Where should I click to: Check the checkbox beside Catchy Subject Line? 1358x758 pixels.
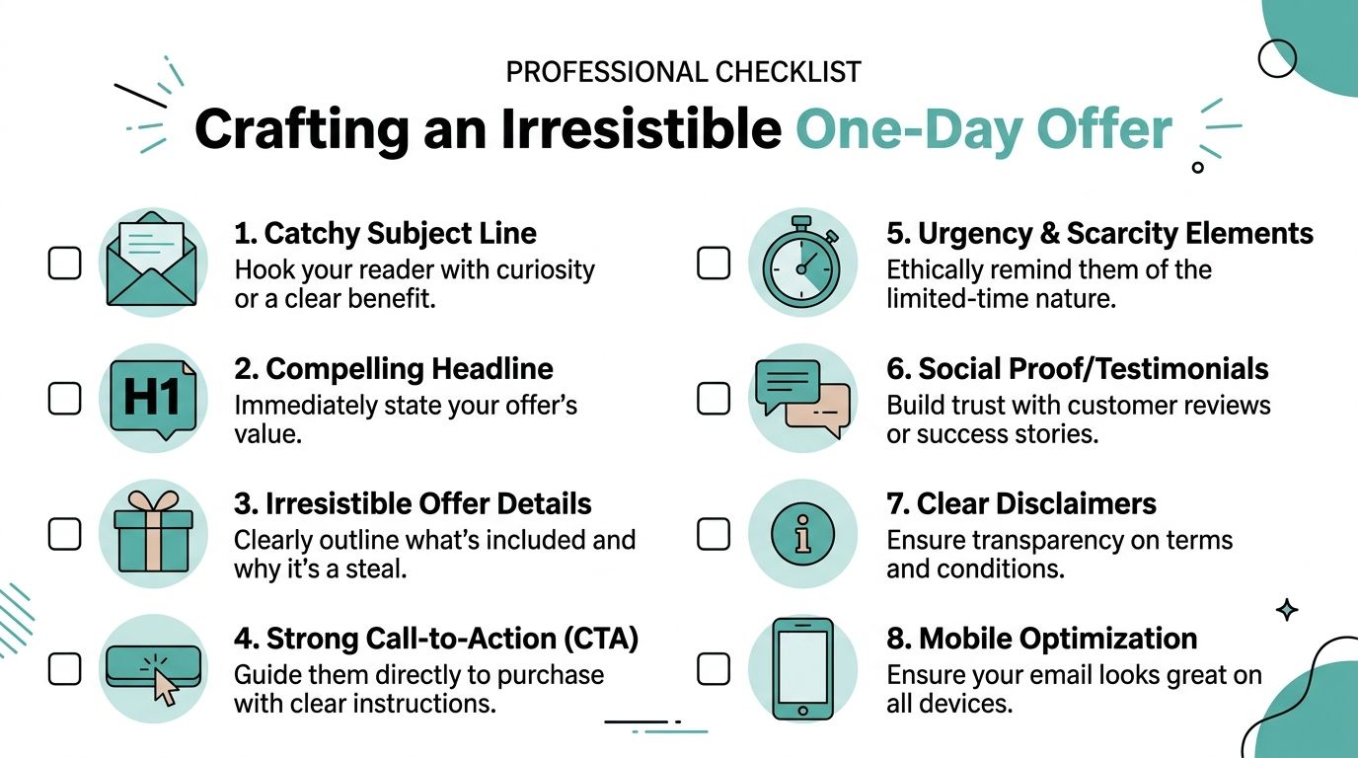tap(65, 264)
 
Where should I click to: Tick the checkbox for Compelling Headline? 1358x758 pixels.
tap(65, 399)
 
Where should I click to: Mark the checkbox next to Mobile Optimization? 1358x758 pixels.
tap(714, 669)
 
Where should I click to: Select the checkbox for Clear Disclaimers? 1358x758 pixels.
tap(714, 534)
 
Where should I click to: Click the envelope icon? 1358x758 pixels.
tap(153, 261)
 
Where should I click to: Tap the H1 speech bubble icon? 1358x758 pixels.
tap(153, 398)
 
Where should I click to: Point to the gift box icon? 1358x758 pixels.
tap(153, 533)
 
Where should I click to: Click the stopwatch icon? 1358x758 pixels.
tap(801, 263)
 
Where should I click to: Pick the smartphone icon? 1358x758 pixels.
tap(801, 668)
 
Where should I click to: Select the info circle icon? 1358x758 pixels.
tap(801, 534)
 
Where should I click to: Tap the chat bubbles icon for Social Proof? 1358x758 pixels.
tap(801, 399)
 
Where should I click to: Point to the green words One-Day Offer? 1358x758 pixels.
tap(984, 128)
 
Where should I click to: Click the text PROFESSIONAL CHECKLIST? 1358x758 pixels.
tap(683, 72)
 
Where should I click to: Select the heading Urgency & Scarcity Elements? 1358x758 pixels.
tap(1099, 234)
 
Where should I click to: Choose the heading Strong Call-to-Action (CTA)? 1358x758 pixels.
tap(436, 639)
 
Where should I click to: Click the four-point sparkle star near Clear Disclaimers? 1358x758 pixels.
tap(1287, 610)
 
